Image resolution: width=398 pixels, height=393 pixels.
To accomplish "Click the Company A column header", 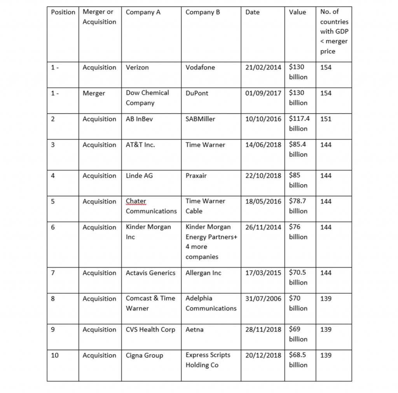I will click(x=143, y=12).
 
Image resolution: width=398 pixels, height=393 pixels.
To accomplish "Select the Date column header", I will click(x=253, y=12).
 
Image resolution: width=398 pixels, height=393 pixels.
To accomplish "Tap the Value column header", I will click(x=297, y=12).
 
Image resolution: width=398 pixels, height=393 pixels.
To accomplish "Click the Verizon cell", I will click(x=137, y=67).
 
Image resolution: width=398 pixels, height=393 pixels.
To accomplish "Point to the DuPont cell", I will click(x=197, y=93).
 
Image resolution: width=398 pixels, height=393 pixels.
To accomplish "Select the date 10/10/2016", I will click(x=263, y=119).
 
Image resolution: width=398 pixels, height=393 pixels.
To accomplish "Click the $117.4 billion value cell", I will click(x=299, y=123).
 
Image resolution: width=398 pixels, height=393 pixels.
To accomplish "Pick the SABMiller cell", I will click(x=200, y=119).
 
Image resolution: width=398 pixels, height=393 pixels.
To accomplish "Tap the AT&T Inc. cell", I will click(x=140, y=145).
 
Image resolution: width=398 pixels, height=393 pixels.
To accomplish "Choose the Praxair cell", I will click(x=196, y=176).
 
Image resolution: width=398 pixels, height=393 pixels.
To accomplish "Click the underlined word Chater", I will click(x=136, y=201).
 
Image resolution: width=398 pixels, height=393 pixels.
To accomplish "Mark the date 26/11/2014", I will click(x=263, y=227).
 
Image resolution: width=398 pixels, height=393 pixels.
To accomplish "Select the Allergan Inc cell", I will click(x=203, y=273).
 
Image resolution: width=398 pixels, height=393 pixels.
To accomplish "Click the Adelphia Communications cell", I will click(x=211, y=303).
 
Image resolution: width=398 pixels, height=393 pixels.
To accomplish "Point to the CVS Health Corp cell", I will click(x=150, y=330).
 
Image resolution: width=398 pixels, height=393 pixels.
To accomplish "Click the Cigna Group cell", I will click(x=144, y=355).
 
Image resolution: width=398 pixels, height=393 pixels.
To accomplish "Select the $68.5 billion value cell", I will click(x=298, y=360).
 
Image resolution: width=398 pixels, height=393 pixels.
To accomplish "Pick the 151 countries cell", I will click(x=326, y=119).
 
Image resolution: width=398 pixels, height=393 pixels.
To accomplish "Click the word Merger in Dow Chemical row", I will click(x=94, y=93).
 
